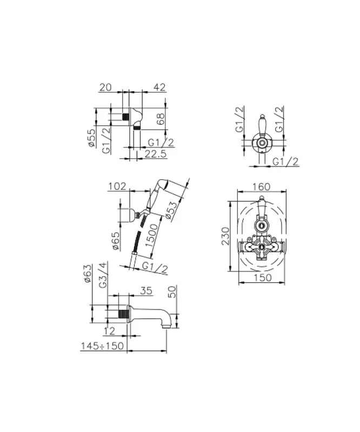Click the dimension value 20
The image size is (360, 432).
click(x=105, y=87)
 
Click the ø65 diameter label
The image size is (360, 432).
click(x=115, y=240)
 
